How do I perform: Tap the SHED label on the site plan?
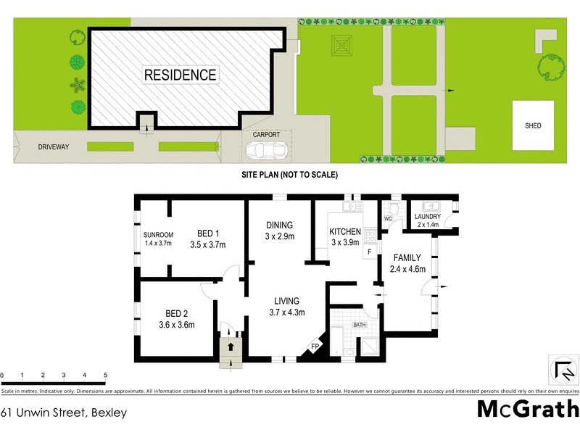[533, 125]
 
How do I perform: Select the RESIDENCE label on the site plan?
[180, 75]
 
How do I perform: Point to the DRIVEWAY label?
[54, 147]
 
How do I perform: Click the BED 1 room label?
[208, 233]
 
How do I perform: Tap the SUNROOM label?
[158, 235]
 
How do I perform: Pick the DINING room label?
[278, 225]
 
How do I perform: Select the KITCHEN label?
[345, 232]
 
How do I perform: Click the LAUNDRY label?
[428, 217]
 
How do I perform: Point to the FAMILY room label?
[407, 258]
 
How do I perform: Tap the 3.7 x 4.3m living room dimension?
[287, 313]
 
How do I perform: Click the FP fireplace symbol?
[315, 346]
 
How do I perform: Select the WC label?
[388, 218]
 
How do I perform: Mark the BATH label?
[360, 326]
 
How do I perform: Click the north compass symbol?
[563, 370]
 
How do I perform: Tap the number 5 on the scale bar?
[106, 376]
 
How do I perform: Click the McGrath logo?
[527, 409]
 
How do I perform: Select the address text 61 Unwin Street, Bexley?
[64, 413]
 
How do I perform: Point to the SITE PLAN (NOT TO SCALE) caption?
[290, 175]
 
